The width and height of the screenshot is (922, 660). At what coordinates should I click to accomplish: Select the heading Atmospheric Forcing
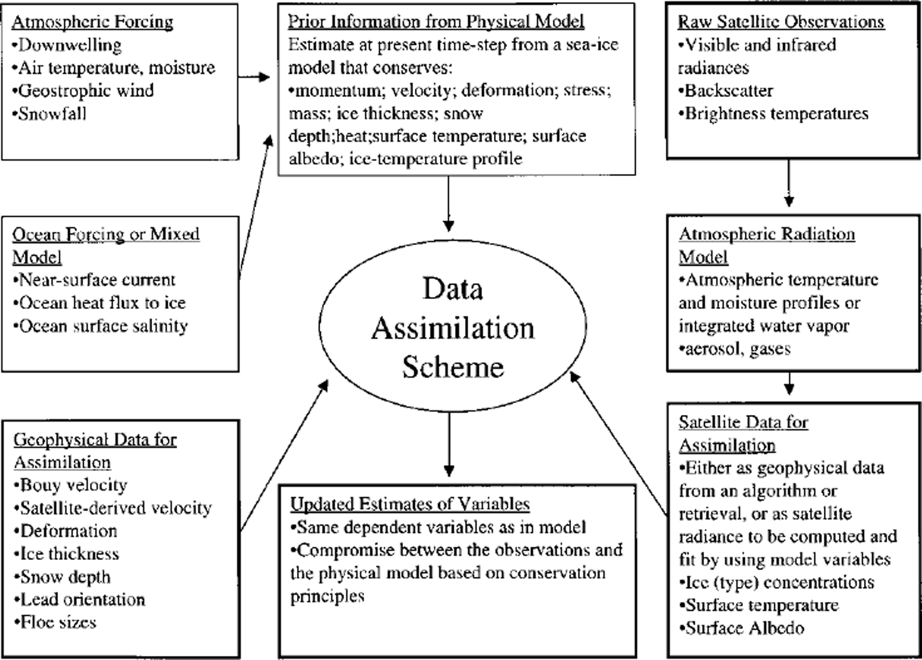point(92,22)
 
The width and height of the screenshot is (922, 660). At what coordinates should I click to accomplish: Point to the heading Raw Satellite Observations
point(781,22)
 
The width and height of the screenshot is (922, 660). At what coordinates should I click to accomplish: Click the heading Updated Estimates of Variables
point(410,504)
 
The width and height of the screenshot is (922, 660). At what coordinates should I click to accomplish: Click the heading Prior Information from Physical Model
point(436,22)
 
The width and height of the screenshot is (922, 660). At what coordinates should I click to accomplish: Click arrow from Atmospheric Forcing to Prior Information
point(254,77)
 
